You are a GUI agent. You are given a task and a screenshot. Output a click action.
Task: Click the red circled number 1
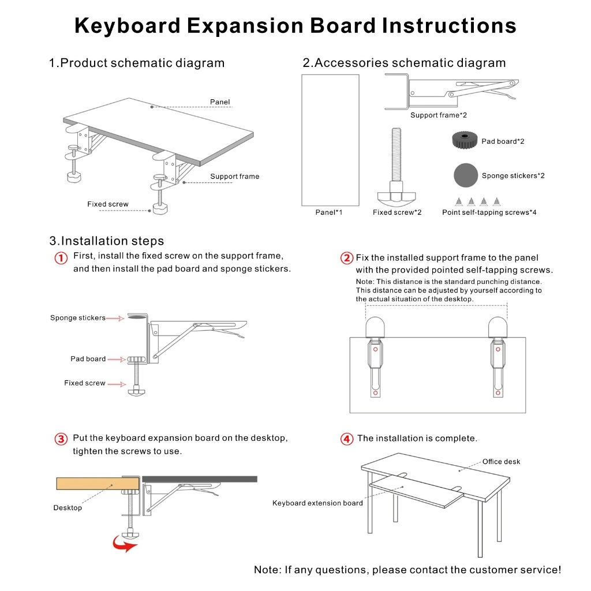pos(61,258)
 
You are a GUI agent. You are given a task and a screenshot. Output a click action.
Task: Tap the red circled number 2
pos(347,258)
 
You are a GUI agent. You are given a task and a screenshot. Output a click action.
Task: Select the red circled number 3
pos(61,439)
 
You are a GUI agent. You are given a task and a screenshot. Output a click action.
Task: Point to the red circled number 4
pos(347,439)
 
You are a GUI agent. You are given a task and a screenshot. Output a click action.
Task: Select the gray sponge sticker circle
pos(465,175)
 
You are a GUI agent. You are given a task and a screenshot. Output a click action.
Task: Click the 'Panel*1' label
pos(328,212)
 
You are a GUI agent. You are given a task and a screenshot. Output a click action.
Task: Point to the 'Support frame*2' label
pos(439,115)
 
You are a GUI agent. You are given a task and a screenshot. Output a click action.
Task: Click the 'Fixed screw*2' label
pos(397,212)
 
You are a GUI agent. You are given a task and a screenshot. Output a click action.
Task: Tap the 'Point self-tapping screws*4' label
pos(489,212)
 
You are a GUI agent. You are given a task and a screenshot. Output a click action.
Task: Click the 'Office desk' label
pos(501,462)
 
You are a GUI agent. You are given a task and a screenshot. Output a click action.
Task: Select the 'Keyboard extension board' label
pos(317,503)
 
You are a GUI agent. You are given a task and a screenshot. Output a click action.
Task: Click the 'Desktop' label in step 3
pos(68,508)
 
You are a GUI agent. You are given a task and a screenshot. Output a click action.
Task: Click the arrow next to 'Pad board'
pos(117,360)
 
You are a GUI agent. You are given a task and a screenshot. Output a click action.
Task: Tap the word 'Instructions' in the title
pos(448,26)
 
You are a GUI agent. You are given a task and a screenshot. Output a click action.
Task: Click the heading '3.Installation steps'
pos(107,241)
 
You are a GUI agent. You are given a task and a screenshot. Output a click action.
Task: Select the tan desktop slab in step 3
pos(89,483)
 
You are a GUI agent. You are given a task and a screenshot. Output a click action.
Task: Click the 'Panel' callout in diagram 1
pos(220,102)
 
